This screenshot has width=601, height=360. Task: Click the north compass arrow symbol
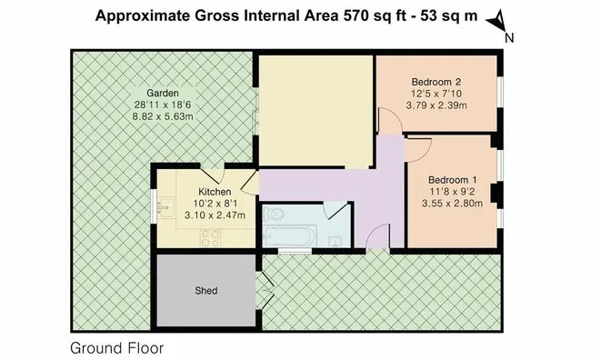(x=496, y=22)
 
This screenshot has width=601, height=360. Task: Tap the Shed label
(x=206, y=291)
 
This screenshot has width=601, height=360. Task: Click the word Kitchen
(x=215, y=192)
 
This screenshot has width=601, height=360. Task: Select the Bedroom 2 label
(x=436, y=82)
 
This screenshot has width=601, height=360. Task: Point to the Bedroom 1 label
(x=452, y=180)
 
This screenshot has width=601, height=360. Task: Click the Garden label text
(x=163, y=93)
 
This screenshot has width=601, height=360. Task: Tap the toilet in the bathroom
(x=274, y=214)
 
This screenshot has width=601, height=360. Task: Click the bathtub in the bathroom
(x=290, y=235)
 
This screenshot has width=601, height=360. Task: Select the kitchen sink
(x=165, y=208)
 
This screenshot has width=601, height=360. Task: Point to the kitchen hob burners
(x=211, y=238)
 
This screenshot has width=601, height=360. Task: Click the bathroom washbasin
(x=336, y=242)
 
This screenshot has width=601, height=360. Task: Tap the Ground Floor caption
(x=117, y=348)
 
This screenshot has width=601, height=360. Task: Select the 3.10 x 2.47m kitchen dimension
(x=215, y=215)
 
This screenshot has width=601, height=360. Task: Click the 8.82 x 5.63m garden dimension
(x=163, y=116)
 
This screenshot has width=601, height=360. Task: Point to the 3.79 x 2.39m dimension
(x=436, y=105)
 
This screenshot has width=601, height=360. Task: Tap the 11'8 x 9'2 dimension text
(x=452, y=191)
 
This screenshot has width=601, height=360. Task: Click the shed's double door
(x=265, y=291)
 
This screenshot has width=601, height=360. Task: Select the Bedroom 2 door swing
(x=390, y=120)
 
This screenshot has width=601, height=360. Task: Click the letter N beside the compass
(x=509, y=38)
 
